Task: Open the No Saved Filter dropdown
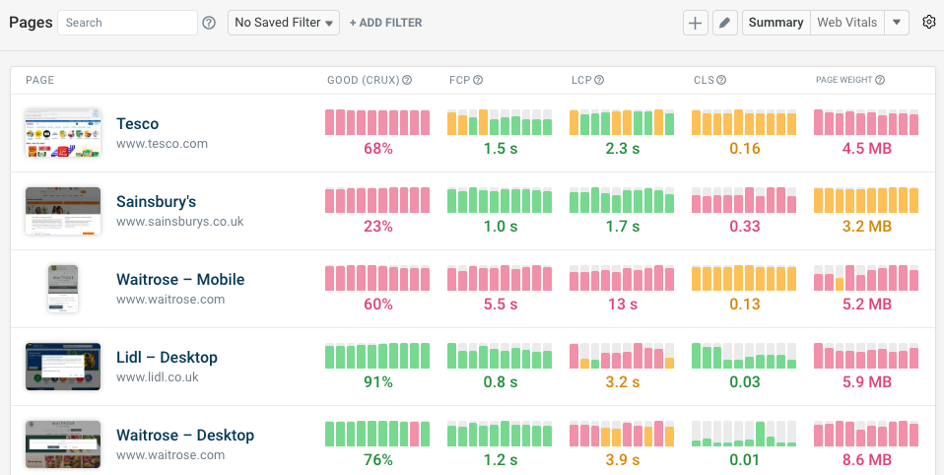[284, 23]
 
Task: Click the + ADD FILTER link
[385, 23]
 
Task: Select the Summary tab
[775, 23]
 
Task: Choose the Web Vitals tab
[846, 23]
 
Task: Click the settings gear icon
[928, 23]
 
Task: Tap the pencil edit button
[724, 23]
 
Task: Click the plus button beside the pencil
[696, 23]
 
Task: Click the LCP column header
[581, 80]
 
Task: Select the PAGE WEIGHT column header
[843, 80]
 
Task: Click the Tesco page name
[137, 123]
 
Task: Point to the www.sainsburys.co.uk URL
[179, 222]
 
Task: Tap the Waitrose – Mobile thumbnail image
[63, 289]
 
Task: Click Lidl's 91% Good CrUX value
[377, 382]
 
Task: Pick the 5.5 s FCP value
[500, 305]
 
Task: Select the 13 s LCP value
[622, 305]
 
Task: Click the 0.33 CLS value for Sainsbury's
[744, 227]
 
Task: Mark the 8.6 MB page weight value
[866, 460]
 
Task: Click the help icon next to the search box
[209, 23]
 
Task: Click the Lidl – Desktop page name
[167, 357]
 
